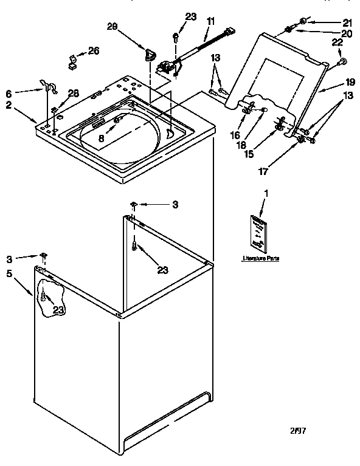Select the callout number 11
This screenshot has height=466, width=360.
[210, 21]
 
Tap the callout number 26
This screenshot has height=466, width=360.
[93, 50]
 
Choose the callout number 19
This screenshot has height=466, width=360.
[350, 81]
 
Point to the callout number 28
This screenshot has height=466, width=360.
[73, 92]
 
